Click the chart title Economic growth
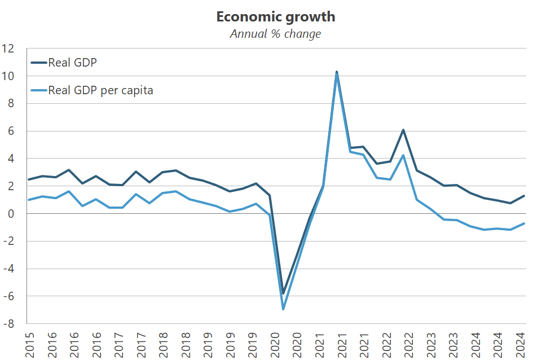click(x=275, y=17)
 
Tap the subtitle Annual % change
click(x=275, y=34)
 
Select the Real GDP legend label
click(x=73, y=62)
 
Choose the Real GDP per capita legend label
click(x=100, y=90)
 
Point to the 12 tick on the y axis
click(x=8, y=49)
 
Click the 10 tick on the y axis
click(x=8, y=76)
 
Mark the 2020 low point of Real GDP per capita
click(x=283, y=309)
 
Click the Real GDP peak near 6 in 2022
click(x=403, y=130)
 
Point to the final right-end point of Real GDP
click(x=524, y=196)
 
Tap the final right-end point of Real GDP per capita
click(x=524, y=223)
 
